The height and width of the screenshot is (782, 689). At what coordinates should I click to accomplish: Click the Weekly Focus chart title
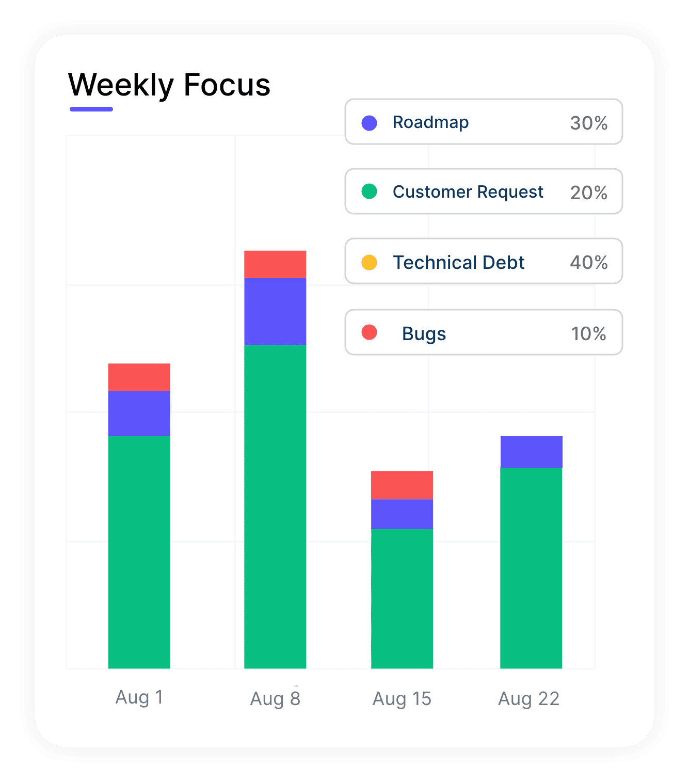click(x=169, y=85)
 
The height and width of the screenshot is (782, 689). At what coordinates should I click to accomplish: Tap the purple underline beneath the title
click(x=91, y=109)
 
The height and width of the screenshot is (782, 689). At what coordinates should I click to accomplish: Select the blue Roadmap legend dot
click(x=369, y=123)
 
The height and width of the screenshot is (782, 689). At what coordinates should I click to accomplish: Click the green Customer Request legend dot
click(x=369, y=191)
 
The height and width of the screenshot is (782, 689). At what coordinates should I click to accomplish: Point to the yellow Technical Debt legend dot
click(x=369, y=262)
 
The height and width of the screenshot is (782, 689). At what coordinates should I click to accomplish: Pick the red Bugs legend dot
click(x=369, y=332)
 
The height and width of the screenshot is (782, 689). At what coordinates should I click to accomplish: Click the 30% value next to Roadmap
click(x=588, y=123)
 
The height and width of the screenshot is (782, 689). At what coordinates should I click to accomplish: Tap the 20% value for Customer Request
click(x=588, y=193)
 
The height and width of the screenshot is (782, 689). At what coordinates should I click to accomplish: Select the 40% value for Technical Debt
click(x=588, y=263)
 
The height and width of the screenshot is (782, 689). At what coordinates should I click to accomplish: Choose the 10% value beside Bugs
click(x=588, y=334)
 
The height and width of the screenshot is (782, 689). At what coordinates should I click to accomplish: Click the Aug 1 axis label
click(x=139, y=697)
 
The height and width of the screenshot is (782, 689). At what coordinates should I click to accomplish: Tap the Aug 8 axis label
click(x=275, y=699)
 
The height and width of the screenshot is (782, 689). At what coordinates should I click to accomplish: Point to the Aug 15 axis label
click(x=402, y=699)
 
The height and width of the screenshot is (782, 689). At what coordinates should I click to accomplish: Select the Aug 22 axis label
click(x=528, y=699)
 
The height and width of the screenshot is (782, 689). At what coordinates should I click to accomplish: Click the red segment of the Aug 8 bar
click(x=275, y=264)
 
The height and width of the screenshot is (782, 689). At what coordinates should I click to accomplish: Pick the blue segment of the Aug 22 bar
click(x=531, y=452)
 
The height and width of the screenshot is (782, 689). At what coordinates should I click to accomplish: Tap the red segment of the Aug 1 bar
click(x=139, y=377)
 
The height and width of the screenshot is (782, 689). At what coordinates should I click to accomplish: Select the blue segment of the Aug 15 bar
click(x=402, y=514)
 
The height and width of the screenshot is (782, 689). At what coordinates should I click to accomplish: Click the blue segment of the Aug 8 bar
click(x=275, y=311)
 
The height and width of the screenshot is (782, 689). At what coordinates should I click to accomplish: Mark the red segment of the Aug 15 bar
click(x=402, y=485)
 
